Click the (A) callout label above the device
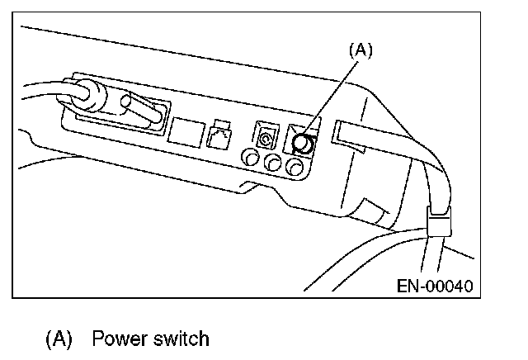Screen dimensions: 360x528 click(x=361, y=50)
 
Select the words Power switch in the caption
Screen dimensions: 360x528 click(x=150, y=339)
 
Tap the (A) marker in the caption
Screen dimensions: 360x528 click(x=59, y=339)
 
